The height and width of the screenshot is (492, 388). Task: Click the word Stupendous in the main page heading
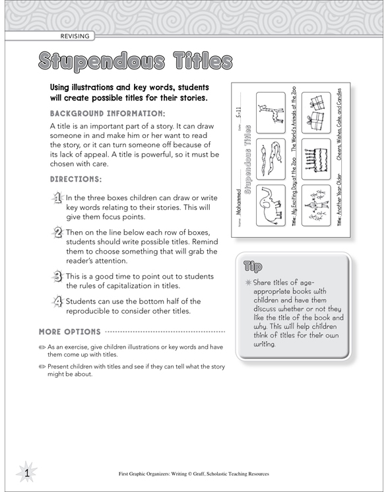[100, 61]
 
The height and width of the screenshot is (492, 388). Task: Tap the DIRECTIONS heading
[76, 179]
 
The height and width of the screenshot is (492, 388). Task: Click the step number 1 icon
[57, 198]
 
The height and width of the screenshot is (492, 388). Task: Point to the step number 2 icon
[57, 232]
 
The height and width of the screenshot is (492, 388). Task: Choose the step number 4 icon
[57, 302]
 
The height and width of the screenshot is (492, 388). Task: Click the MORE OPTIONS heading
[70, 331]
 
